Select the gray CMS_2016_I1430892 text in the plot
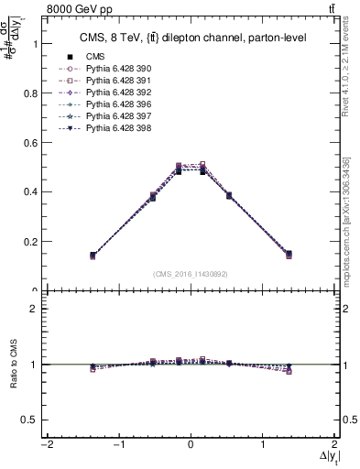190,273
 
